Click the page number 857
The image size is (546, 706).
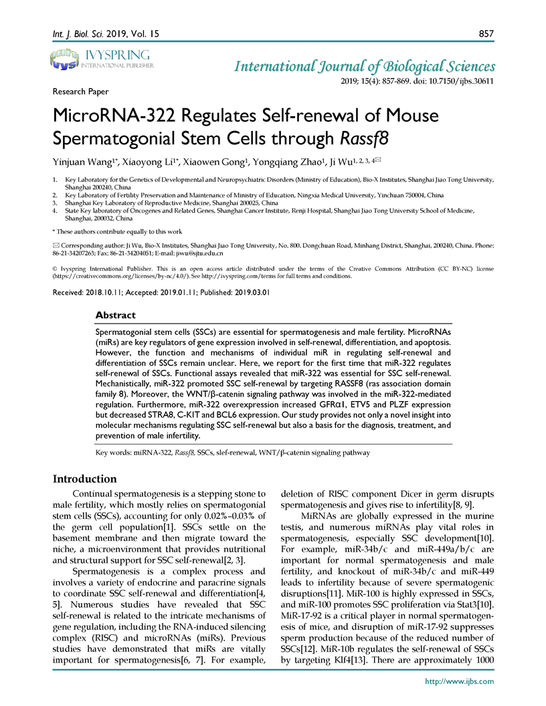tap(486, 33)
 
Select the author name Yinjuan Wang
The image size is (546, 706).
tap(78, 162)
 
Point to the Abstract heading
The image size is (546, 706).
tap(115, 314)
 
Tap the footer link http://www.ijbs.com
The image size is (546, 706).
tap(460, 681)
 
